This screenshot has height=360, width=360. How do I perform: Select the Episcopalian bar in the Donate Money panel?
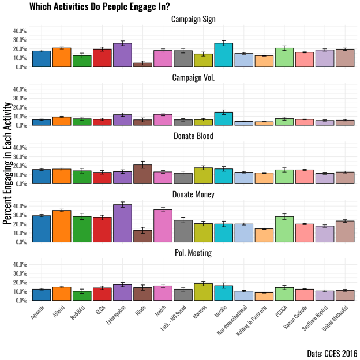(122, 223)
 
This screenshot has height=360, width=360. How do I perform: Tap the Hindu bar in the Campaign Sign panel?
(142, 65)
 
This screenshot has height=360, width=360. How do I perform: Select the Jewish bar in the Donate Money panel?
(163, 226)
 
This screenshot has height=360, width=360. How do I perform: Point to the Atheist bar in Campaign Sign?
(62, 57)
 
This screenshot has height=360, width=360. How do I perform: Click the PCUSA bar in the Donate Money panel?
(284, 229)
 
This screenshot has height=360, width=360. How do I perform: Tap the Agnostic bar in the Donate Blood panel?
(42, 177)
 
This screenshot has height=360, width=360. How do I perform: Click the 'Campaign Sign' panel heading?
(194, 20)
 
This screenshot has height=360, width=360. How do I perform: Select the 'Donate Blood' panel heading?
(194, 136)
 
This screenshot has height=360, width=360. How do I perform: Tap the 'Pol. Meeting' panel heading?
(194, 253)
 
